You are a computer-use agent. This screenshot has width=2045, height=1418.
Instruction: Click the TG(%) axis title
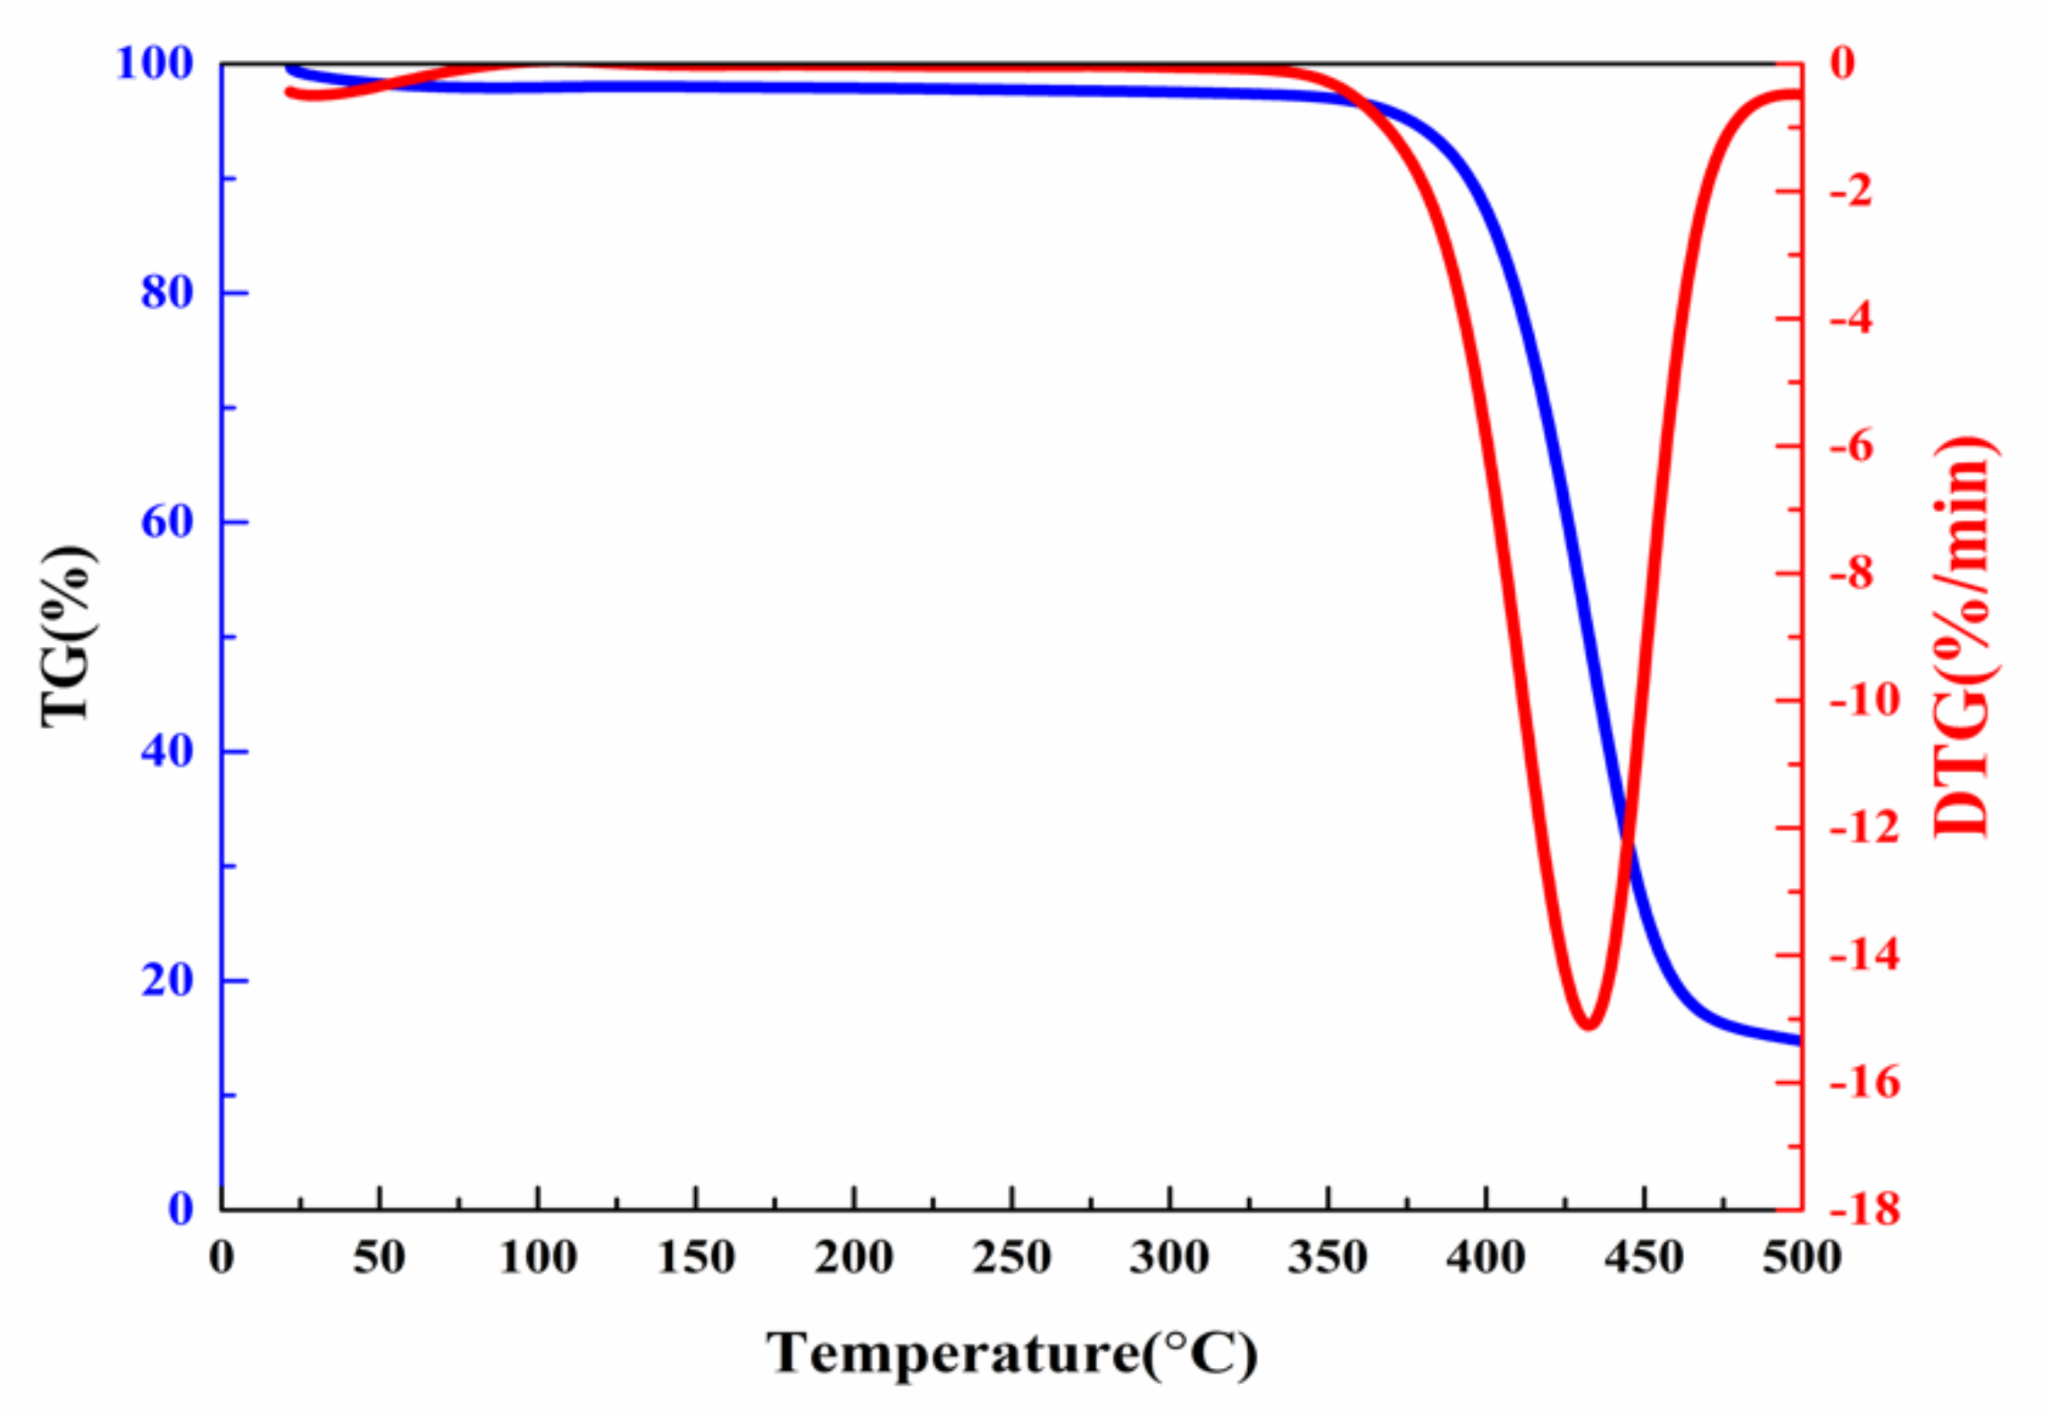click(67, 636)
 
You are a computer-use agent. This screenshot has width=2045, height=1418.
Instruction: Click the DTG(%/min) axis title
click(1963, 636)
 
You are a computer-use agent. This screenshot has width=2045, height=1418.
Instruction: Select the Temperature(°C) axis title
click(1012, 1352)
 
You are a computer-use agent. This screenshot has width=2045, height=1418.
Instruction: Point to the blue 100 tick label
click(154, 63)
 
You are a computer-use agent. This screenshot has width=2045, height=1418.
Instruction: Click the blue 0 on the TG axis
click(180, 1208)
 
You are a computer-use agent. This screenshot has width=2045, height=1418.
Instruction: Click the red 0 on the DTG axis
click(1842, 63)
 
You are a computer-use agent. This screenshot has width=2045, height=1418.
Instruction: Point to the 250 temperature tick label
click(1011, 1258)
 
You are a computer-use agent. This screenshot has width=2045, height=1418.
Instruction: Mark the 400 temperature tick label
click(1486, 1258)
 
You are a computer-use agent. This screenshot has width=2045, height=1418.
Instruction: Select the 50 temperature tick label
click(379, 1258)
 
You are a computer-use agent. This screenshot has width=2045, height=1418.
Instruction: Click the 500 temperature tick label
click(1801, 1258)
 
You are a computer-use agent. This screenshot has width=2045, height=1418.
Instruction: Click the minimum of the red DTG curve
click(1588, 1024)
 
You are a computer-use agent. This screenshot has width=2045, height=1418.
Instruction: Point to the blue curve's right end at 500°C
click(1798, 1040)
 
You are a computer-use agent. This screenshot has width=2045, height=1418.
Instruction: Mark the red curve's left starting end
click(289, 92)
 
